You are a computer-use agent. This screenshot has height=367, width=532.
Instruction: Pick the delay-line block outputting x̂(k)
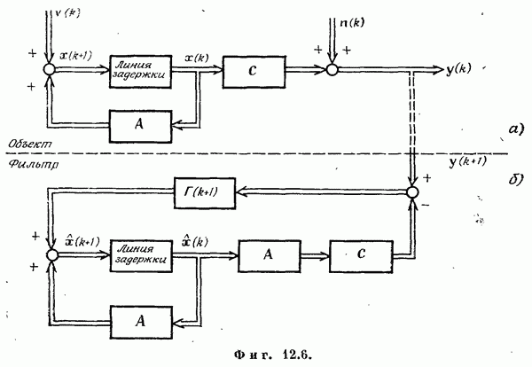(137, 256)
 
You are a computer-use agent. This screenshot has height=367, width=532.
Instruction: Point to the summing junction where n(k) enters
(332, 69)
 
